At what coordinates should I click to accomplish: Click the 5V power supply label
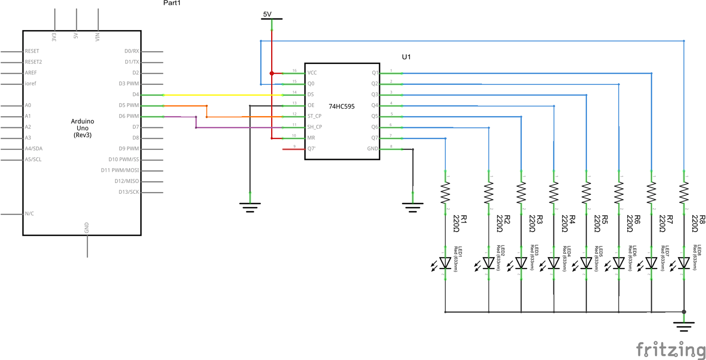(x=267, y=14)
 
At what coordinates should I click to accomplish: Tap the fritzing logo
(x=671, y=350)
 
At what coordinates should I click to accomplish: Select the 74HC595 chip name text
(x=342, y=106)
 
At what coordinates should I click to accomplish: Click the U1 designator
(x=406, y=57)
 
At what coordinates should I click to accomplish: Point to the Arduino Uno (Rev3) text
(x=82, y=128)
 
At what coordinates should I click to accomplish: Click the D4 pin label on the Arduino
(x=135, y=95)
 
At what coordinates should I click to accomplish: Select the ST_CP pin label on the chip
(x=314, y=116)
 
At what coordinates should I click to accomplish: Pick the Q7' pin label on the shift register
(x=311, y=149)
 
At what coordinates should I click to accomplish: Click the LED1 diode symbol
(x=446, y=263)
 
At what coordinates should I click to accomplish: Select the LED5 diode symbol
(x=586, y=263)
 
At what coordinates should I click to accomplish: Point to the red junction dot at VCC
(x=272, y=73)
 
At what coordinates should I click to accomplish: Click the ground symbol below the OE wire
(x=250, y=206)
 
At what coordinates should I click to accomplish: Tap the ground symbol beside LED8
(x=684, y=325)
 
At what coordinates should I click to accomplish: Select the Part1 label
(x=172, y=3)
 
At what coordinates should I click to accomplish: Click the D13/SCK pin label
(x=127, y=192)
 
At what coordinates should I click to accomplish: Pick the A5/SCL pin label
(x=33, y=160)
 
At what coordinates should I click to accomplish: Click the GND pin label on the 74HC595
(x=372, y=149)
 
